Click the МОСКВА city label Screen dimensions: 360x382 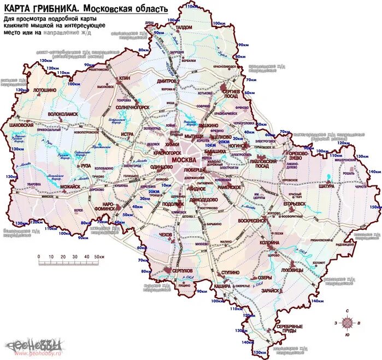pos(185,159)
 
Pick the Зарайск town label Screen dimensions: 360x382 pos(271,291)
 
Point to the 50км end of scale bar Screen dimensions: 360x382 pos(98,257)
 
